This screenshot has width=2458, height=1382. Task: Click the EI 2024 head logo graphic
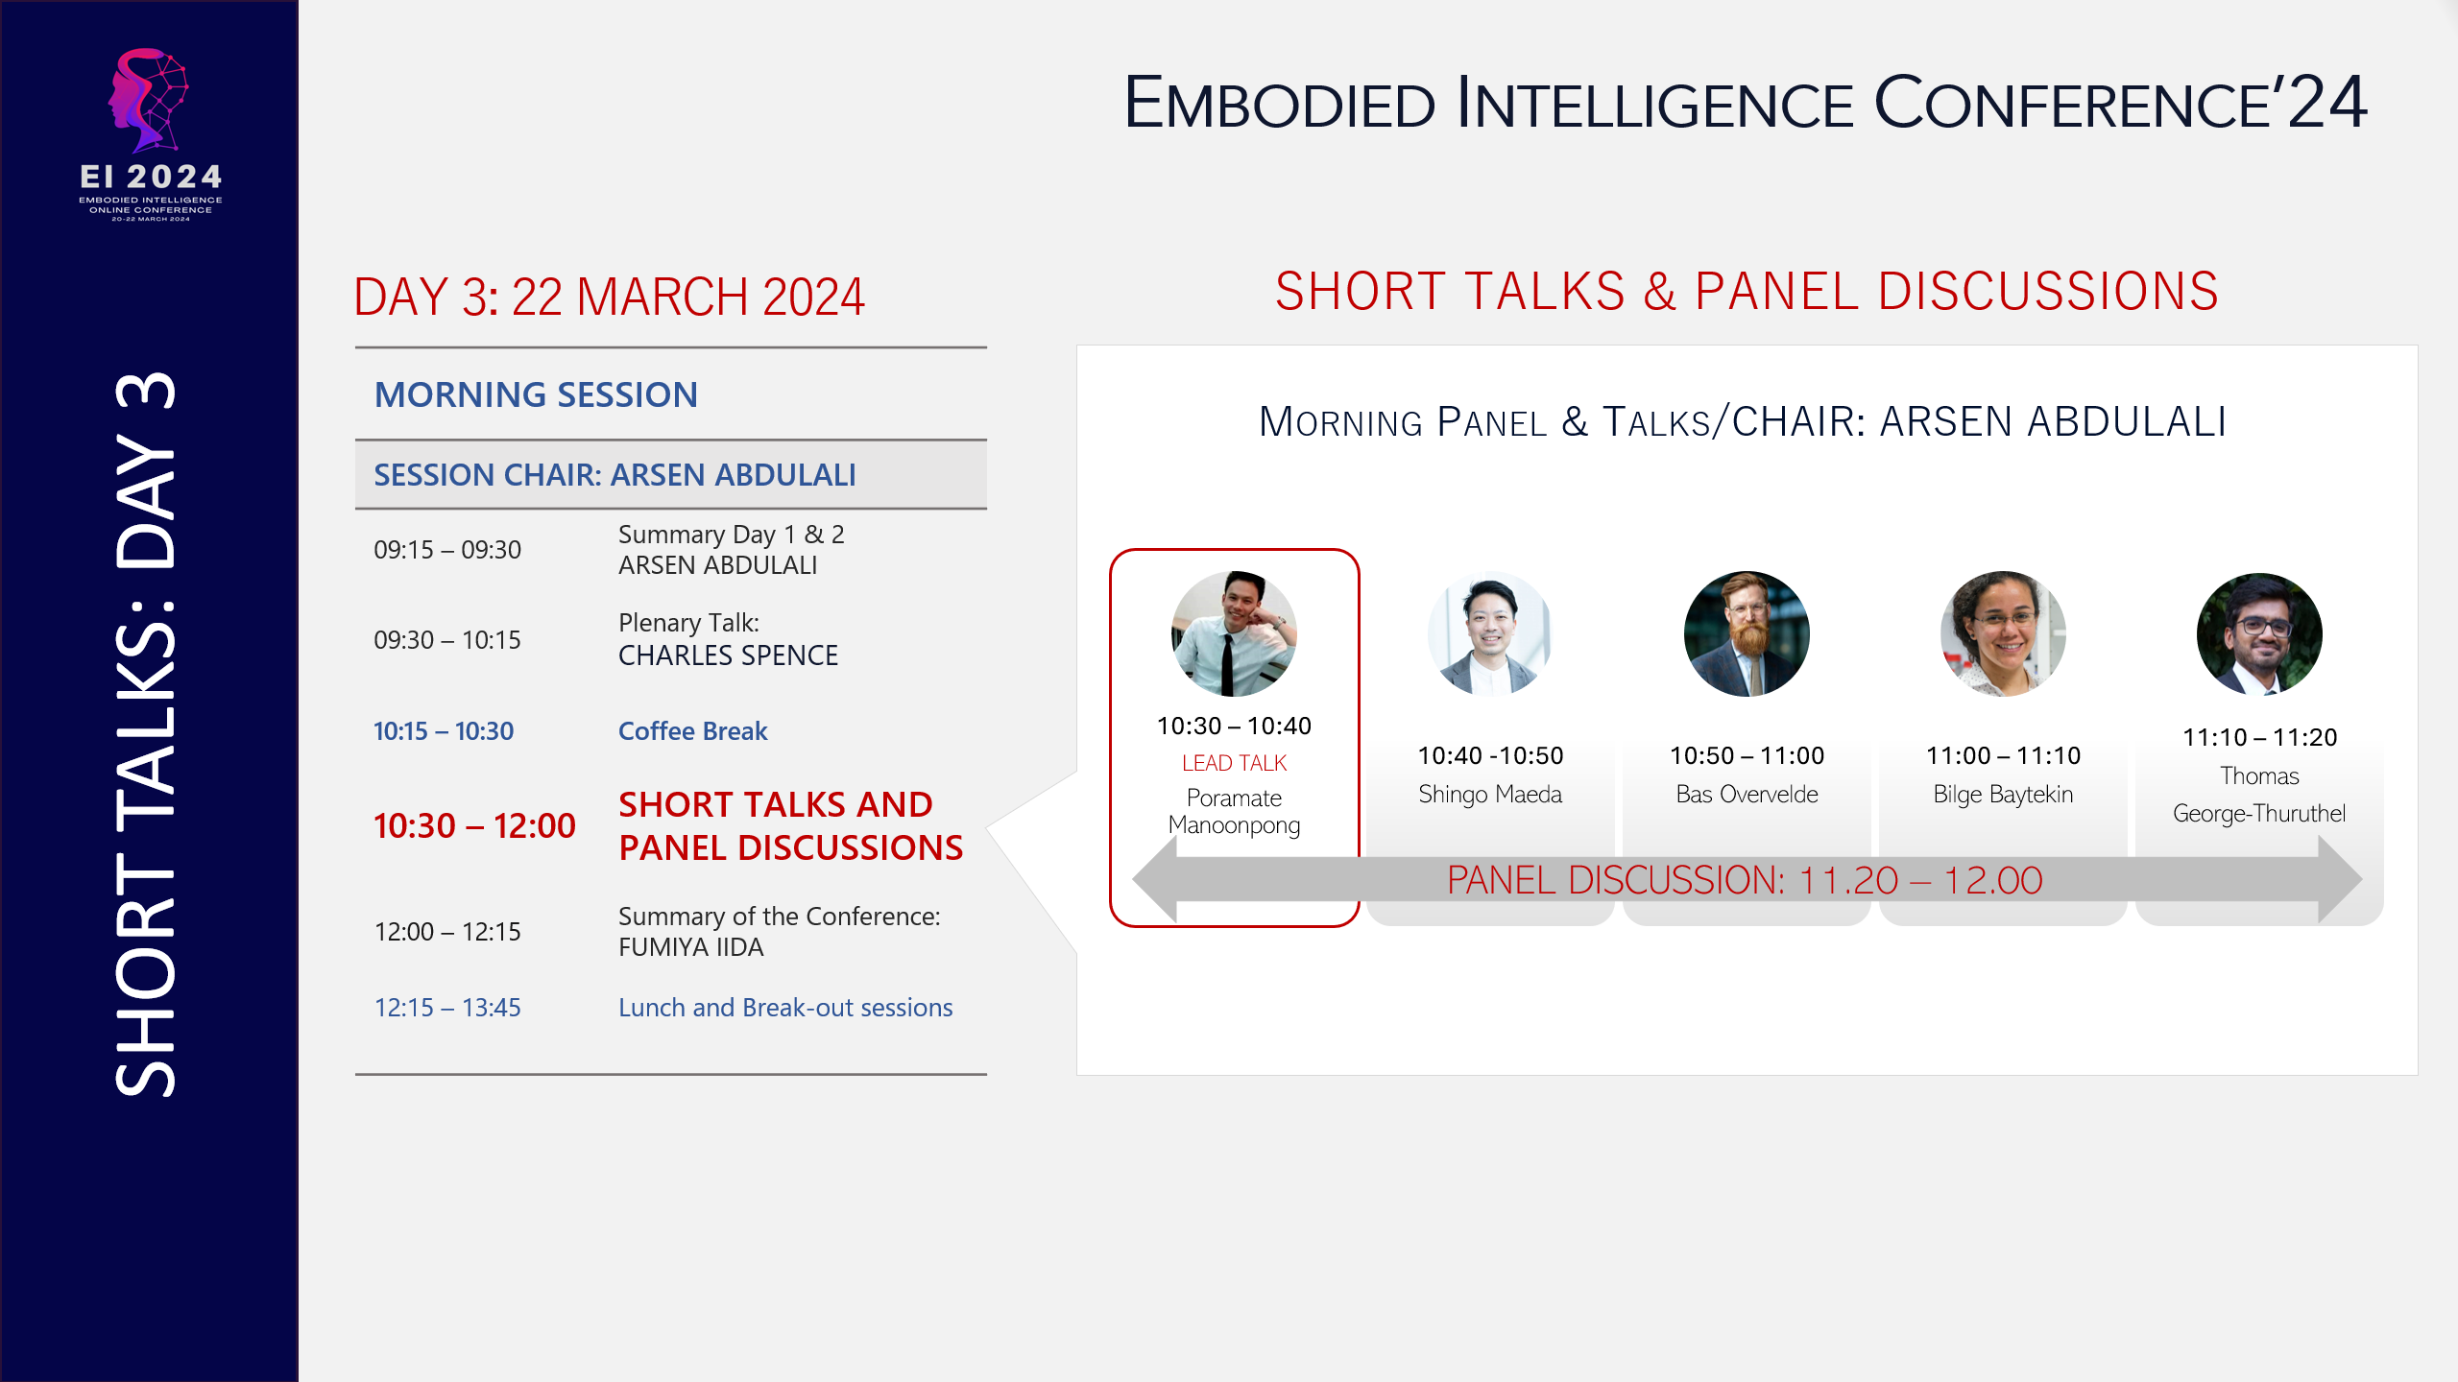(150, 101)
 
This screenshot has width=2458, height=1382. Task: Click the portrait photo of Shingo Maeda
(1489, 633)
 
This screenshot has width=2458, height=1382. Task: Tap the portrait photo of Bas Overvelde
(1747, 633)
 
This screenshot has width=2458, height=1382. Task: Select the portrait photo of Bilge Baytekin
(2003, 633)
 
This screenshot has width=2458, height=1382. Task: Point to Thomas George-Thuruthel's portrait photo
(2259, 633)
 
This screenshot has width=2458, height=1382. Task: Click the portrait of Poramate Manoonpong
(1234, 633)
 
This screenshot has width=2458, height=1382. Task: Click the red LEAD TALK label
(1234, 763)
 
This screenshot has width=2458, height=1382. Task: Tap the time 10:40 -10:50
(1490, 755)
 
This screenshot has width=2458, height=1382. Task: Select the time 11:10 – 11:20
(2259, 737)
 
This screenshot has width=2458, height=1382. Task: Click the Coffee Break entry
(692, 731)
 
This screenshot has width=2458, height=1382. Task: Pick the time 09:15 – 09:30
(447, 550)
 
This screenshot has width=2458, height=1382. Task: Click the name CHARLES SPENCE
(728, 655)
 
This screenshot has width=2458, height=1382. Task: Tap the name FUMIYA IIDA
(690, 947)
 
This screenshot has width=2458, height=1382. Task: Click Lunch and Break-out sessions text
(784, 1008)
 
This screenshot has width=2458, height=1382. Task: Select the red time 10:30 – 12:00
(474, 825)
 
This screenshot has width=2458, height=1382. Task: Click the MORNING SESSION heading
(536, 394)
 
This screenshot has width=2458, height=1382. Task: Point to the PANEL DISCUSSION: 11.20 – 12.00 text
(1744, 880)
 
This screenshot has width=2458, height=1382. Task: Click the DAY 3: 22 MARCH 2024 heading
(609, 297)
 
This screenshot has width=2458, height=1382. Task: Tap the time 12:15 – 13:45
(447, 1008)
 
